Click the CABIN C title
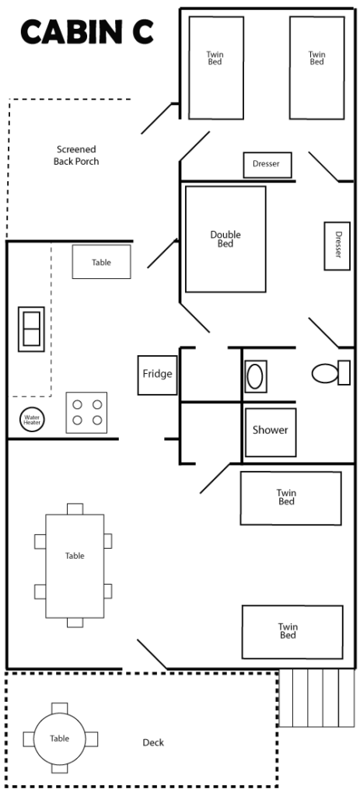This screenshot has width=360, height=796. tap(87, 31)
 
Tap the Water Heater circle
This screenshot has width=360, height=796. tap(32, 420)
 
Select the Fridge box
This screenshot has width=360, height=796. tap(157, 375)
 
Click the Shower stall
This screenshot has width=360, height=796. tap(271, 432)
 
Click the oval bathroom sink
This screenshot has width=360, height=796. tap(255, 377)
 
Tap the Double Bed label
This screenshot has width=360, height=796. tap(225, 239)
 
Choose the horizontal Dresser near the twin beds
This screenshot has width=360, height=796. tap(267, 165)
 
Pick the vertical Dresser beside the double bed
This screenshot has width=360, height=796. tap(337, 246)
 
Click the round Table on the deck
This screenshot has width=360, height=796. tap(60, 738)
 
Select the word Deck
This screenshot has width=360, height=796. tap(153, 742)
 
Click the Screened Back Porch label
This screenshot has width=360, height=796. tap(76, 155)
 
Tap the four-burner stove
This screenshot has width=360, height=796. tap(86, 412)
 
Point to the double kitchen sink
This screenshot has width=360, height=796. tap(31, 329)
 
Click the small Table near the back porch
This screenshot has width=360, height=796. tap(102, 262)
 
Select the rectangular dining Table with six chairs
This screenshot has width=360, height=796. tap(75, 566)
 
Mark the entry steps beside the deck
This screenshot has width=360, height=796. tap(316, 698)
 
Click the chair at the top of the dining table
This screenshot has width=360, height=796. tap(75, 508)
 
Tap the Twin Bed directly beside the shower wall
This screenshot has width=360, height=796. tap(291, 498)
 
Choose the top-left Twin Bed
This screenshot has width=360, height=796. tap(216, 68)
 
